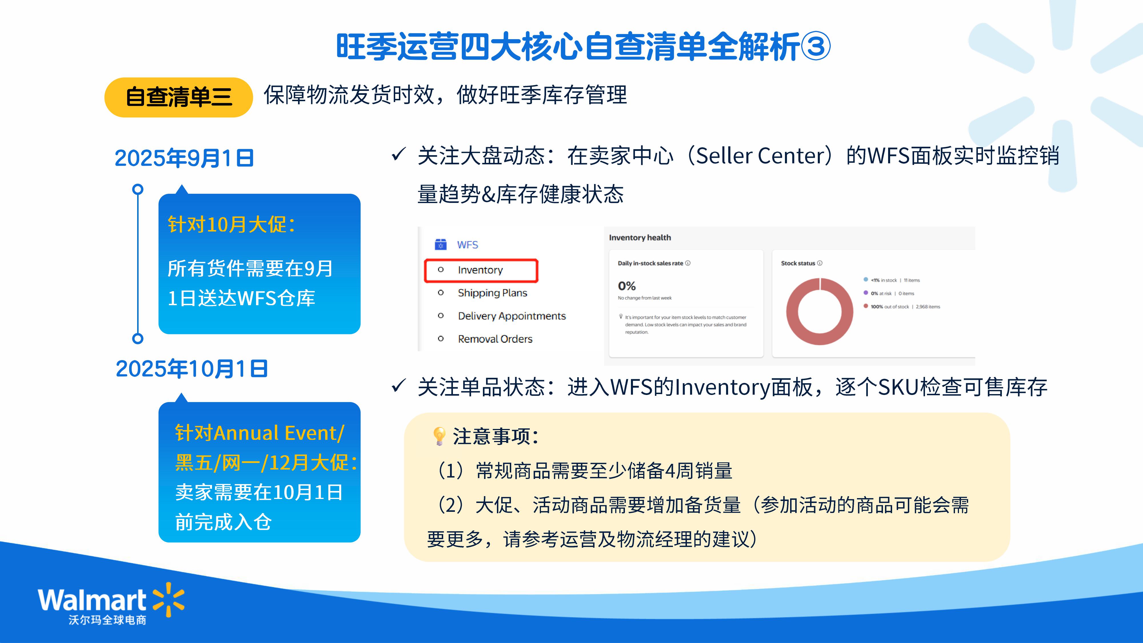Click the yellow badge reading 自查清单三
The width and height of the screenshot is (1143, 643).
click(178, 97)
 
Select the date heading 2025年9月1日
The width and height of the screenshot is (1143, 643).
click(184, 158)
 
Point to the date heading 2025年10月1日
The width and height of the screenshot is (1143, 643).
click(192, 369)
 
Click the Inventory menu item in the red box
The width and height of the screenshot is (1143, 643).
click(480, 270)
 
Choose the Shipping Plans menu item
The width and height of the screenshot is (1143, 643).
click(493, 293)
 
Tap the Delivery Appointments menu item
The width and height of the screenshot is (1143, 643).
click(511, 316)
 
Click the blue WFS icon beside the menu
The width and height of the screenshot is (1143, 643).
click(441, 245)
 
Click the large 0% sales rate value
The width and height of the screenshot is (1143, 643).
click(627, 286)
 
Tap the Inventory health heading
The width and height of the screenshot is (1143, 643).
click(640, 237)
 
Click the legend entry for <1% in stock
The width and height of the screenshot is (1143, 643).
click(892, 280)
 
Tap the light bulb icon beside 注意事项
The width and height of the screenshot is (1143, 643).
click(439, 436)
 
